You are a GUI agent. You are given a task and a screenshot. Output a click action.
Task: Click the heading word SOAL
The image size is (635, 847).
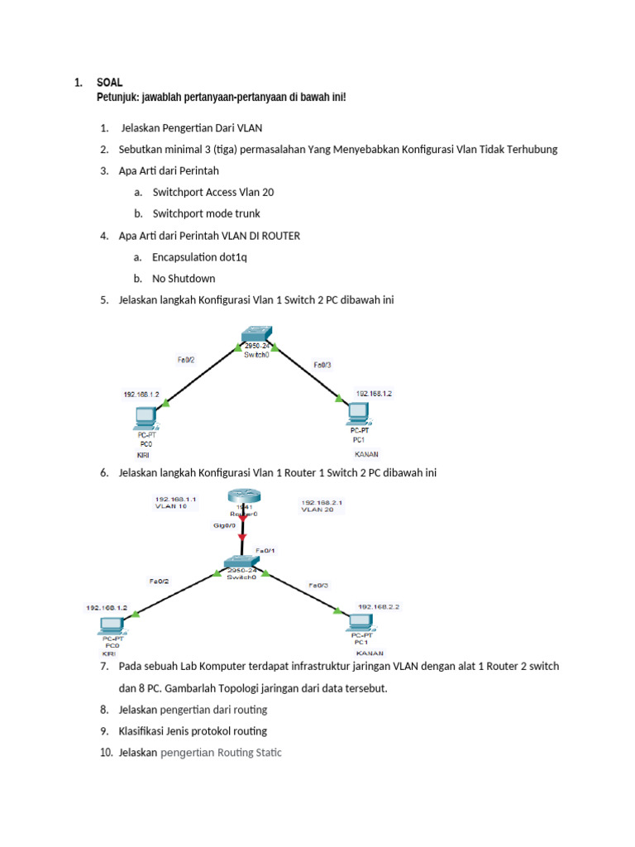click(x=109, y=83)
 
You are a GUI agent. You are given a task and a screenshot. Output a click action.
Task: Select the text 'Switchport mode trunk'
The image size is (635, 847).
click(x=206, y=213)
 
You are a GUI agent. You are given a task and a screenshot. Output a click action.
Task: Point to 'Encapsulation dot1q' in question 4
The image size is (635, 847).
click(x=199, y=257)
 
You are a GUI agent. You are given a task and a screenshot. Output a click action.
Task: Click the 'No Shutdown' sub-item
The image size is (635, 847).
click(x=184, y=279)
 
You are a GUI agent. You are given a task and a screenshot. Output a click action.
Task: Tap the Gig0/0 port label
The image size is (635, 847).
click(x=226, y=524)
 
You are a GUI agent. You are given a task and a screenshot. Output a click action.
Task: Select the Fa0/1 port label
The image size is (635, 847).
click(x=265, y=550)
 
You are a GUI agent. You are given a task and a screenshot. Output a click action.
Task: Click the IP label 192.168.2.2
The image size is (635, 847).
click(x=378, y=606)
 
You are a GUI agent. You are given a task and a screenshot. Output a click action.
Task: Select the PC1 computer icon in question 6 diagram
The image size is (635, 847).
click(x=361, y=622)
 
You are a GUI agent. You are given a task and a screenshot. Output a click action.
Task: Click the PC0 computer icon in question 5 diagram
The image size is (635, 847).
click(x=145, y=418)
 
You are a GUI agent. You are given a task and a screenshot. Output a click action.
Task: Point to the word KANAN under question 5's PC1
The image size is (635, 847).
click(x=366, y=454)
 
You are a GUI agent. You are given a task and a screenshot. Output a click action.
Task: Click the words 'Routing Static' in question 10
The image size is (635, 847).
click(x=251, y=753)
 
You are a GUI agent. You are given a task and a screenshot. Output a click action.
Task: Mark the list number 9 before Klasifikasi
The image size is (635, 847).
click(x=104, y=731)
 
